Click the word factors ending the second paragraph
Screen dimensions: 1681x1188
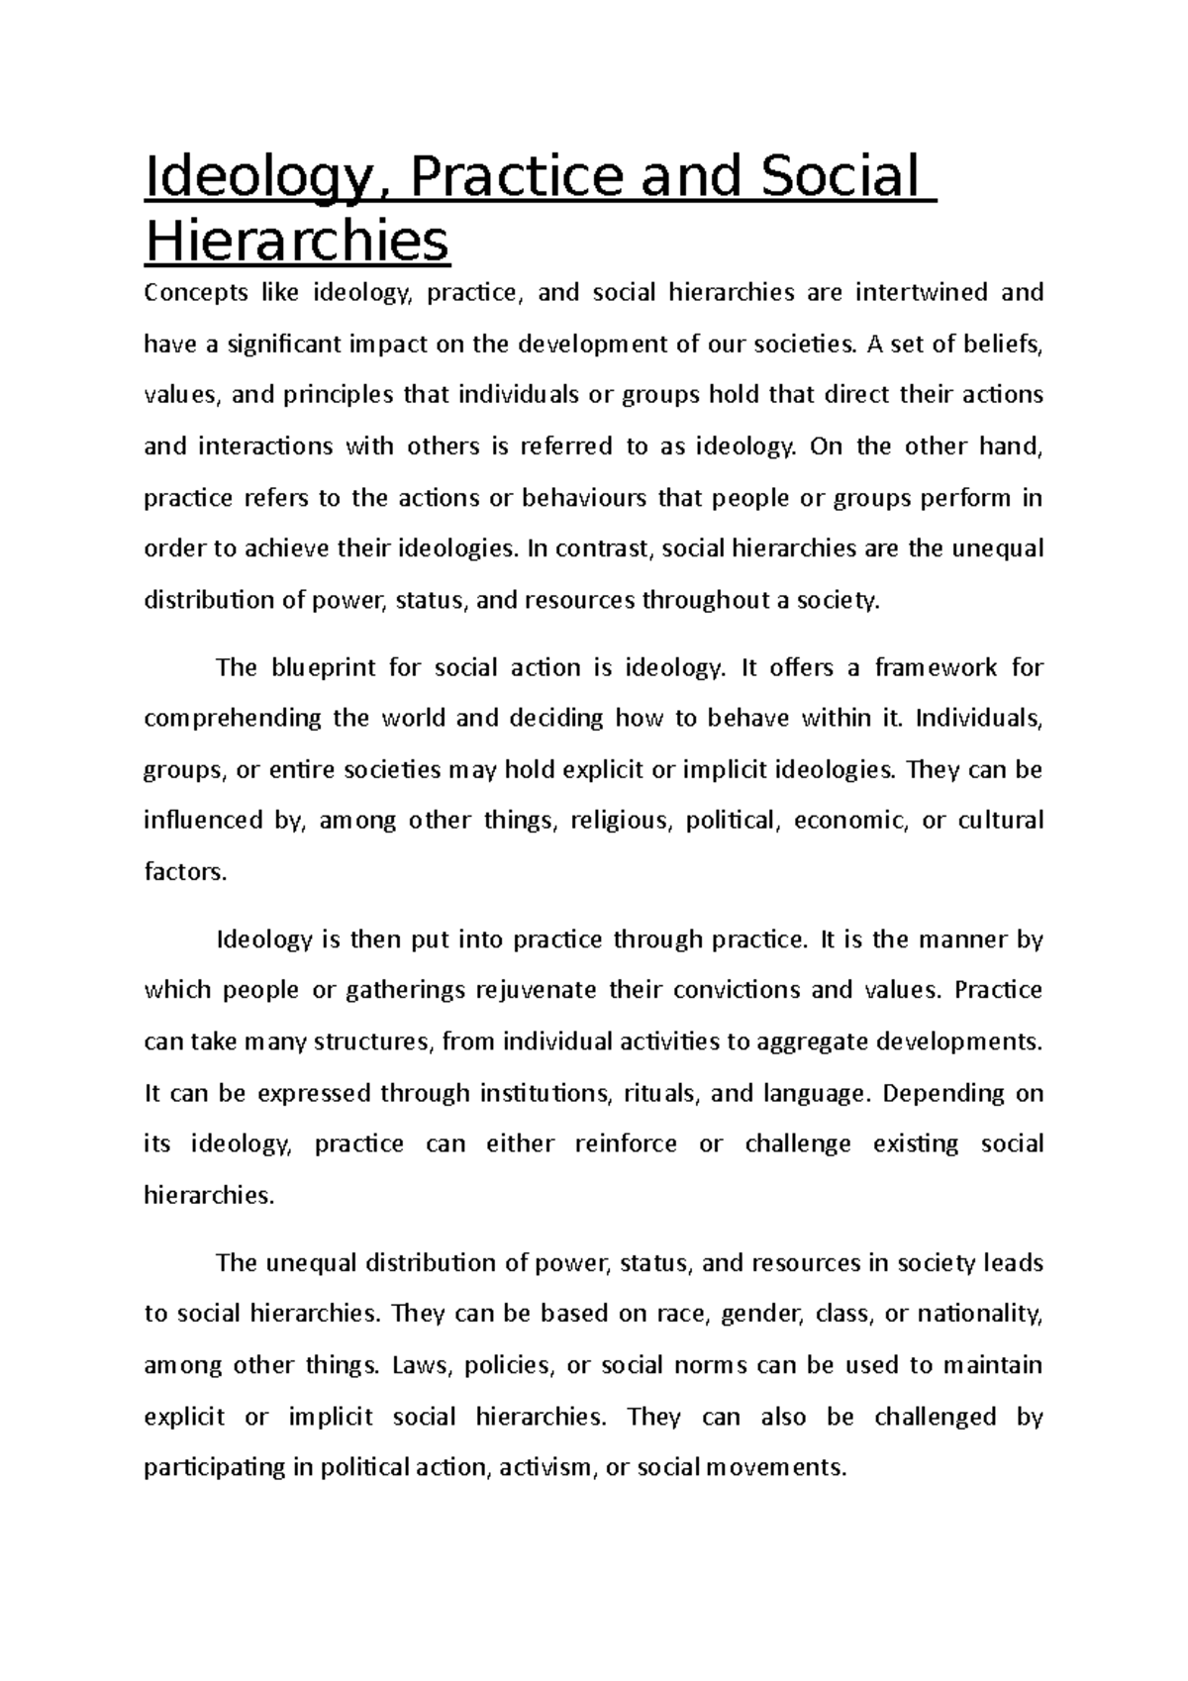click(x=184, y=872)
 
